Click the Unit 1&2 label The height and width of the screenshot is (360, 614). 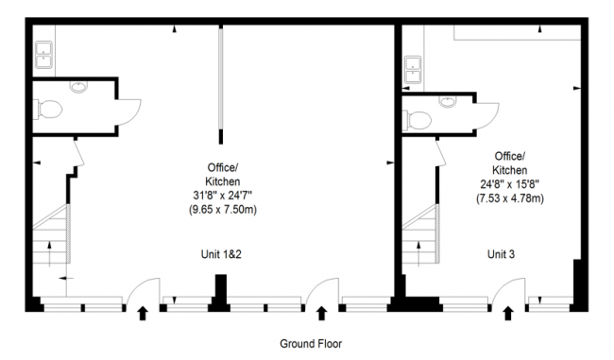tap(222, 254)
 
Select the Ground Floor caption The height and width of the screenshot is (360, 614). tap(311, 344)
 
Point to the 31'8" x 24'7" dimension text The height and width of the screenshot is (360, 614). tap(222, 196)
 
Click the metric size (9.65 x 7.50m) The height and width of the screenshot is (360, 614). tap(222, 210)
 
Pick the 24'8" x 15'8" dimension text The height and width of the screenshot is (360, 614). tap(510, 185)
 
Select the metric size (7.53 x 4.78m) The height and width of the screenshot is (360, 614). tap(510, 199)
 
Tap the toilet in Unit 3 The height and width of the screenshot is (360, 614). tap(417, 120)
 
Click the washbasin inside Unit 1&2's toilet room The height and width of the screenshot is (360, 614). tap(78, 88)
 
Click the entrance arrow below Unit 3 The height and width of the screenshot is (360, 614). tap(509, 313)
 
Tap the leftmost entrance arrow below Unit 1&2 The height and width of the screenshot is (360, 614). tap(144, 313)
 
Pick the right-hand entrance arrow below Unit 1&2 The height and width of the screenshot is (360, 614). tap(321, 313)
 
